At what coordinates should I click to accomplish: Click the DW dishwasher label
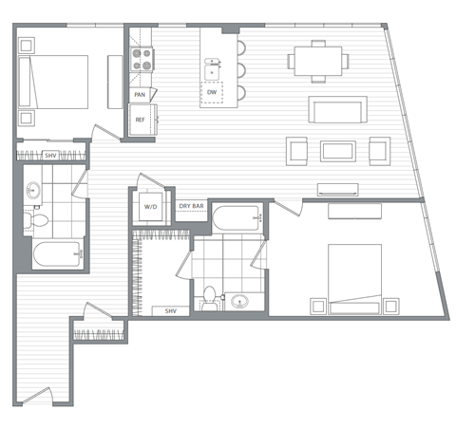tap(212, 92)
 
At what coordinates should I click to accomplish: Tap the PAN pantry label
tap(140, 95)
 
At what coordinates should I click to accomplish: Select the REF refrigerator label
tap(140, 120)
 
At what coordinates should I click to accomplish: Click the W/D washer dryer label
tap(150, 206)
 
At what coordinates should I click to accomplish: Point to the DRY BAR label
tap(191, 206)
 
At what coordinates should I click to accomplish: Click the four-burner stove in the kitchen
tap(142, 61)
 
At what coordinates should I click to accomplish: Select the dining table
tap(317, 61)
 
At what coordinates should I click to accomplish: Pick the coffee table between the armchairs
tap(337, 150)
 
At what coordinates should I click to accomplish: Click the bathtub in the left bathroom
tap(54, 254)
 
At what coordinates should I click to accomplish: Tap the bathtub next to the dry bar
tap(237, 220)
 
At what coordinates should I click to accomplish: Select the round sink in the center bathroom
tap(238, 302)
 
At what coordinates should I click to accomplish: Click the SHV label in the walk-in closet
tap(171, 311)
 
